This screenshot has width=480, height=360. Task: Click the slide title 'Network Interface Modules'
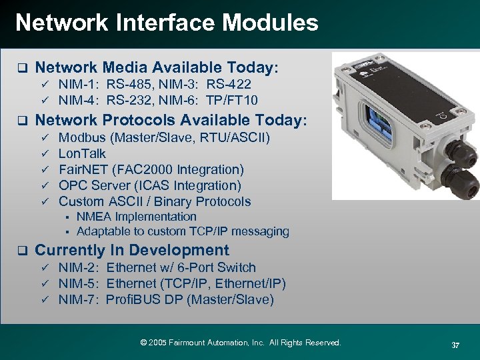pyautogui.click(x=167, y=23)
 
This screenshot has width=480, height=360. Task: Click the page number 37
pyautogui.click(x=456, y=345)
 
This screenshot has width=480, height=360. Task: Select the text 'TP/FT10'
pyautogui.click(x=233, y=100)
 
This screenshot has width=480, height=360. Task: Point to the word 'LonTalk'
pyautogui.click(x=82, y=153)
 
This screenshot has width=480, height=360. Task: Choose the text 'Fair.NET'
pyautogui.click(x=83, y=169)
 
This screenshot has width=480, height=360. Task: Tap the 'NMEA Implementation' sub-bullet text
pyautogui.click(x=136, y=217)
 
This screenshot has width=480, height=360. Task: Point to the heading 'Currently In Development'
pyautogui.click(x=131, y=250)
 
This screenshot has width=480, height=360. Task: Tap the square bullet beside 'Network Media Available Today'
pyautogui.click(x=21, y=68)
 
